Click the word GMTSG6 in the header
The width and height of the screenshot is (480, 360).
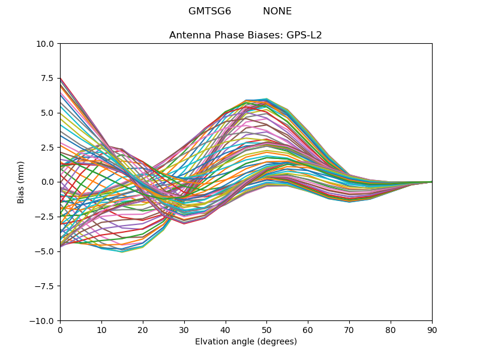click(x=209, y=11)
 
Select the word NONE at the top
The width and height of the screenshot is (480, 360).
click(x=277, y=11)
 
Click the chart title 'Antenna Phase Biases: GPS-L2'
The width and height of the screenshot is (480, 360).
click(x=245, y=35)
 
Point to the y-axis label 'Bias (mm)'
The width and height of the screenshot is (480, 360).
click(x=21, y=182)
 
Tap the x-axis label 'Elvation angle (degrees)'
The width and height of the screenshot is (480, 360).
click(x=245, y=342)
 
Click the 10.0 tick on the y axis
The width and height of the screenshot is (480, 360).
click(x=47, y=44)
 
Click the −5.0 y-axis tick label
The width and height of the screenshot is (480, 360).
click(x=46, y=251)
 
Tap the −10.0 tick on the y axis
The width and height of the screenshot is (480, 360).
click(x=44, y=321)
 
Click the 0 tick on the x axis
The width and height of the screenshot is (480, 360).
click(x=60, y=330)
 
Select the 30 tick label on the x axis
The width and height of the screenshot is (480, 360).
click(x=184, y=330)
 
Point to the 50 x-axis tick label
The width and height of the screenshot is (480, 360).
click(x=266, y=330)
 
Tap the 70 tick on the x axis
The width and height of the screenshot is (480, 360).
click(x=349, y=330)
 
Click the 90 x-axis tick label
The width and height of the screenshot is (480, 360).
click(x=432, y=330)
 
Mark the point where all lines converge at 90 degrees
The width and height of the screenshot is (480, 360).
click(x=431, y=182)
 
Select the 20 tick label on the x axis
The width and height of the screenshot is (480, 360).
click(x=143, y=330)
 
